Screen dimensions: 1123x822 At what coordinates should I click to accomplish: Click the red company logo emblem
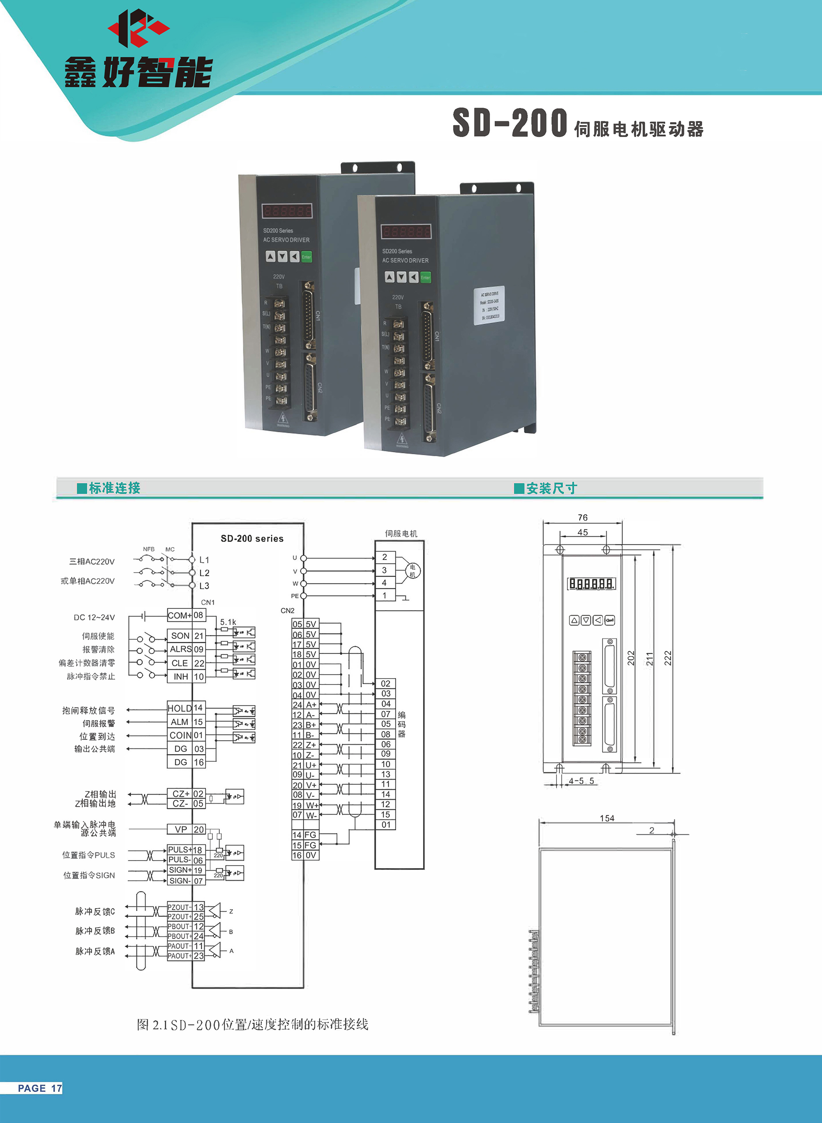[x=138, y=28]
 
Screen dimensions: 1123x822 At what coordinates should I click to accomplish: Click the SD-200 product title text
[x=510, y=123]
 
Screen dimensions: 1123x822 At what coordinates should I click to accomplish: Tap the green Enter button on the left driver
[x=307, y=257]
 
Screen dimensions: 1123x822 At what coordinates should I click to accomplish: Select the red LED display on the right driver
[x=406, y=231]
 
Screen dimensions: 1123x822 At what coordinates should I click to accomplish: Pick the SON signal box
[x=180, y=635]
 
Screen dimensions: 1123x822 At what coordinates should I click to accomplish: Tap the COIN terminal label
[x=180, y=736]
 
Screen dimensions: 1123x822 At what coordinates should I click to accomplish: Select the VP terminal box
[x=180, y=829]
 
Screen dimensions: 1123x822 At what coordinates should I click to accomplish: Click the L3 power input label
[x=204, y=586]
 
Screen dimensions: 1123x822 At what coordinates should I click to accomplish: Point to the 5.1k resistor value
[x=228, y=622]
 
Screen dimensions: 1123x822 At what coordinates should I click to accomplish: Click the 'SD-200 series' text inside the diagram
[x=252, y=538]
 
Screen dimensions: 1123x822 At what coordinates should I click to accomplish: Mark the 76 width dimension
[x=583, y=518]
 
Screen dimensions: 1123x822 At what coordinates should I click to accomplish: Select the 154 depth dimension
[x=607, y=819]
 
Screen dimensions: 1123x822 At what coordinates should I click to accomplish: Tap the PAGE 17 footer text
[x=40, y=1088]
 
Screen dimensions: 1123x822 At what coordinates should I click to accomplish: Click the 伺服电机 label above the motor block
[x=401, y=533]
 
